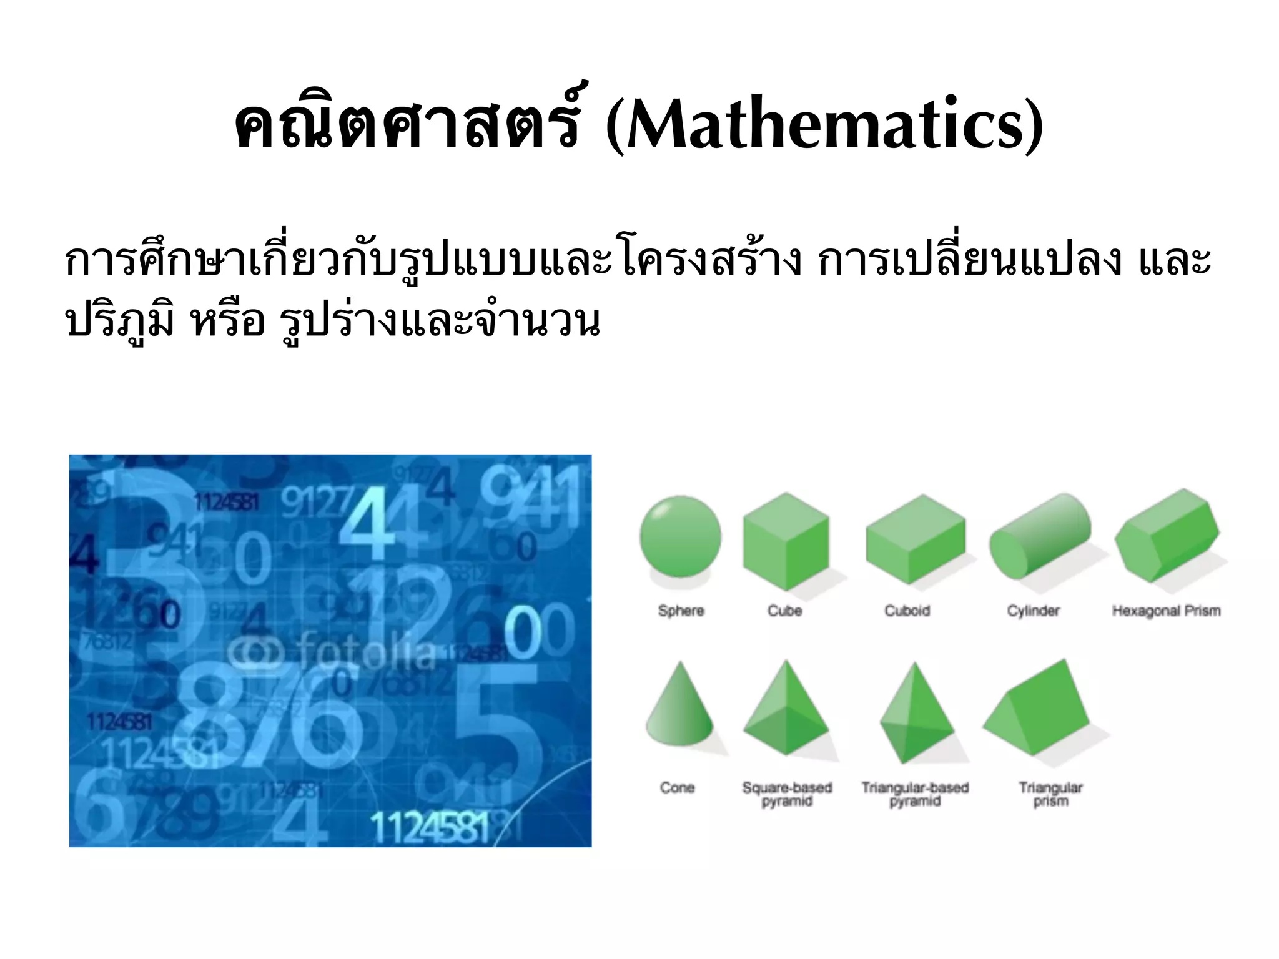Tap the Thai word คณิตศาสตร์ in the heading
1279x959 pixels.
click(406, 125)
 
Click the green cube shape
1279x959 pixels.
click(786, 541)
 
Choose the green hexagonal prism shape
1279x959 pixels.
click(1165, 536)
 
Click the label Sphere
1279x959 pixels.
click(681, 611)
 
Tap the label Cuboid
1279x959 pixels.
click(907, 611)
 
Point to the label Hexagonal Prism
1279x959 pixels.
click(1166, 611)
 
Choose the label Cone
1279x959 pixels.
click(677, 787)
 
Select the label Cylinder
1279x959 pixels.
click(1033, 611)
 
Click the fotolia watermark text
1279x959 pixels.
click(365, 651)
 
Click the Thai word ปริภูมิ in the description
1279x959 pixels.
click(119, 322)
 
